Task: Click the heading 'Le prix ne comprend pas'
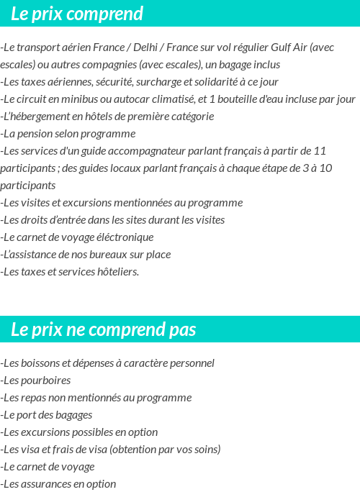tap(104, 329)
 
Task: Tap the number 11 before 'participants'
tap(320, 151)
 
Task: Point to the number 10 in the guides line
tap(325, 168)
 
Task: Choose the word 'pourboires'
tap(45, 381)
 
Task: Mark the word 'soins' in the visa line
tap(204, 450)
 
